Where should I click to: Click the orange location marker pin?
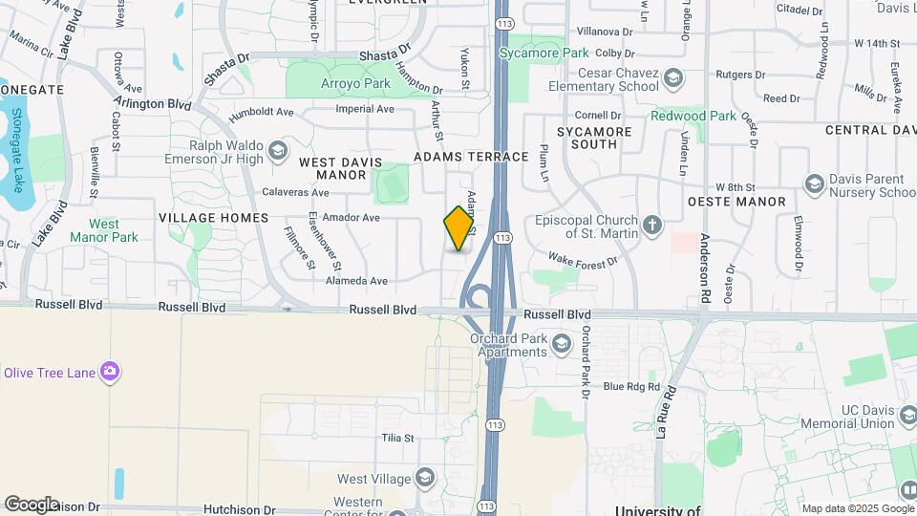(x=459, y=228)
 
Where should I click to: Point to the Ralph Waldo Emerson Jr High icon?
(x=278, y=151)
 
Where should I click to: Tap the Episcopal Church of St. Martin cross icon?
(x=652, y=226)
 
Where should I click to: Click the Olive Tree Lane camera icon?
(x=111, y=372)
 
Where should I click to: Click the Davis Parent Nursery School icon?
(x=815, y=183)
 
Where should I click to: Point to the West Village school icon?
(x=425, y=478)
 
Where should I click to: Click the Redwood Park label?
(x=693, y=116)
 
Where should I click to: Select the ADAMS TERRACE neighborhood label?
(x=471, y=157)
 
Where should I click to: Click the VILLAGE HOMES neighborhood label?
(x=213, y=218)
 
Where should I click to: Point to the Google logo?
(x=32, y=504)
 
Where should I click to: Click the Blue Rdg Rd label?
(x=631, y=386)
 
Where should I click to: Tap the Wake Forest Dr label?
(x=584, y=258)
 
